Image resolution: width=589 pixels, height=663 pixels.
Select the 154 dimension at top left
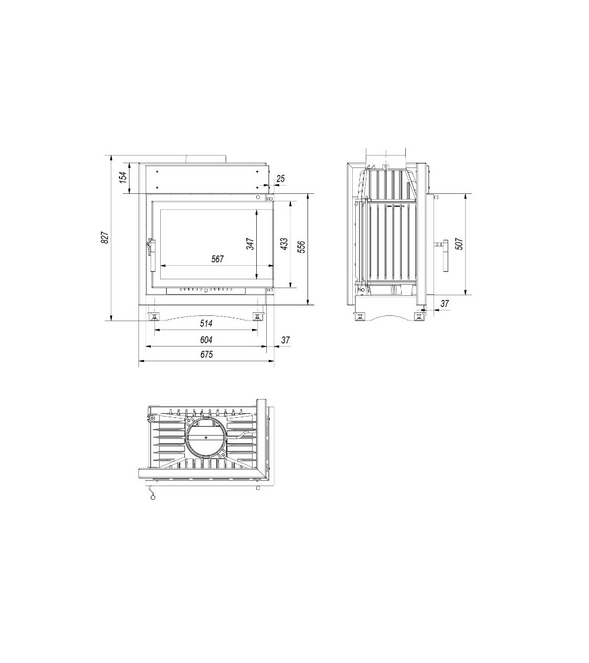(123, 177)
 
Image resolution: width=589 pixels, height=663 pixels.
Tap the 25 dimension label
(280, 179)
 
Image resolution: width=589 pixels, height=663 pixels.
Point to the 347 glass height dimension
(250, 244)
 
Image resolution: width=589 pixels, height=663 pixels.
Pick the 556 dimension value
(301, 248)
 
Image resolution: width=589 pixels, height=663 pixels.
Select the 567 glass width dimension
(217, 259)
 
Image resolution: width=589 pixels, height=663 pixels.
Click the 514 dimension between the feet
(206, 324)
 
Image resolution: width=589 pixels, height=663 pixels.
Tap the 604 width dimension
(206, 340)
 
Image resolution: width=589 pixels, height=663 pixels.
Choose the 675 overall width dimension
(206, 355)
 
